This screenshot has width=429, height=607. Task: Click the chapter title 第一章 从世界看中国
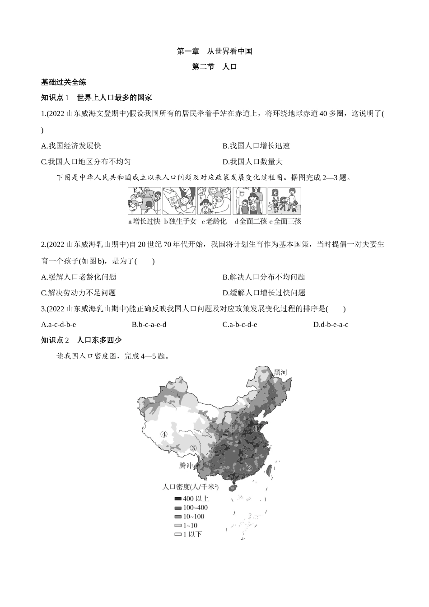(214, 51)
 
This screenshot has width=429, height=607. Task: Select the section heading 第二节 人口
(214, 66)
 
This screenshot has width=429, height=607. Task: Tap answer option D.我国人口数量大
(252, 162)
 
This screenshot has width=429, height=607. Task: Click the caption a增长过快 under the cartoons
(144, 221)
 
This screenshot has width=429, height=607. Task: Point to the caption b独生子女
(180, 221)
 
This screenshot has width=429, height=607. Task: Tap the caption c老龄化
(215, 221)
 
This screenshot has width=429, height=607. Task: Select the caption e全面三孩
(285, 221)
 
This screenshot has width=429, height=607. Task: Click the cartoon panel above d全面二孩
(249, 201)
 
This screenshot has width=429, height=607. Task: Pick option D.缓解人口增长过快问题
(264, 293)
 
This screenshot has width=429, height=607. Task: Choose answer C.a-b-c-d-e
(240, 324)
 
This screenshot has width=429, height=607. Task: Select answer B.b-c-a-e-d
(149, 324)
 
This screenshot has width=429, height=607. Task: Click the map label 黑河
(280, 373)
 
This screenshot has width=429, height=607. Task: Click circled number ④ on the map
(164, 434)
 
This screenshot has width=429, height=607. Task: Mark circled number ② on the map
(248, 467)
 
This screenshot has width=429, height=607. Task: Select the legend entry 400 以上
(191, 499)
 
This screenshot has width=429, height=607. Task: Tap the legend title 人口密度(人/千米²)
(190, 487)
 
